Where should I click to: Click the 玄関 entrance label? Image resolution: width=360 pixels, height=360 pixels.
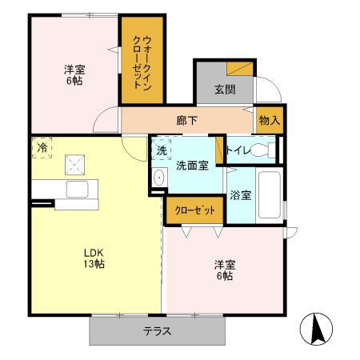coord(225,90)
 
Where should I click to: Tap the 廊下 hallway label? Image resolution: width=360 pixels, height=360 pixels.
coord(187,121)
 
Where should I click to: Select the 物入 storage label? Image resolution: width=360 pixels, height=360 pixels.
coord(270,120)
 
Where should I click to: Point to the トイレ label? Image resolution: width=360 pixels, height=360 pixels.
coord(238,150)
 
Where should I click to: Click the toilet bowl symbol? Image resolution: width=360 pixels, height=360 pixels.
coord(262,150)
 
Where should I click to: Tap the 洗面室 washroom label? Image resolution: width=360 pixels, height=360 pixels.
coord(192,166)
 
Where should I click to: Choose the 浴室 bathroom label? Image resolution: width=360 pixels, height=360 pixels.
coord(240,194)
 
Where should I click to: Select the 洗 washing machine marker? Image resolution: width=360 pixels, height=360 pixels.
coord(161,150)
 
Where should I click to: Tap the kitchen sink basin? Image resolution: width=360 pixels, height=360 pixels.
coord(78,191)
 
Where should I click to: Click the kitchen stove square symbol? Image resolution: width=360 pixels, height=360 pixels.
coord(76,165)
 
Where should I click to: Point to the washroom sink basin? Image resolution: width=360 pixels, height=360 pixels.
coord(158,178)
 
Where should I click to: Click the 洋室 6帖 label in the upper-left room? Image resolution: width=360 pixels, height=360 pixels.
coord(75,74)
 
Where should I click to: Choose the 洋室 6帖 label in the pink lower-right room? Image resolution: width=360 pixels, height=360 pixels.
coord(223,270)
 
